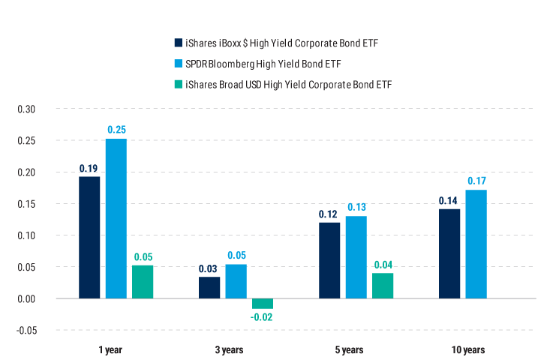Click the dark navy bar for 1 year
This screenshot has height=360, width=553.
pyautogui.click(x=89, y=237)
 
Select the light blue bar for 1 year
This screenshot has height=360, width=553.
pyautogui.click(x=116, y=218)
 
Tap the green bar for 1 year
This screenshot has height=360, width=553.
pyautogui.click(x=143, y=281)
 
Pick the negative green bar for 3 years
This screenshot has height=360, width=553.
pyautogui.click(x=263, y=304)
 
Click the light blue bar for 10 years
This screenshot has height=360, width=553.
pyautogui.click(x=476, y=244)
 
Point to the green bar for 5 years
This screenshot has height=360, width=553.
pyautogui.click(x=383, y=286)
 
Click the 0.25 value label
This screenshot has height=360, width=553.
pyautogui.click(x=116, y=130)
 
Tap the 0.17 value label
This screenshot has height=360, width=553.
pyautogui.click(x=476, y=181)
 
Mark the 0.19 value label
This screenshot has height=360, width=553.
pyautogui.click(x=89, y=168)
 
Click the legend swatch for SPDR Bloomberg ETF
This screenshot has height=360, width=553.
pyautogui.click(x=178, y=63)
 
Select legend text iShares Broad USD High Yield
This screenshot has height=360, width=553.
pyautogui.click(x=289, y=84)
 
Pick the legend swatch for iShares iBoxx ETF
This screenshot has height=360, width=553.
pyautogui.click(x=178, y=42)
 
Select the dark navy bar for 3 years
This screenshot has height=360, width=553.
pyautogui.click(x=209, y=287)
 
